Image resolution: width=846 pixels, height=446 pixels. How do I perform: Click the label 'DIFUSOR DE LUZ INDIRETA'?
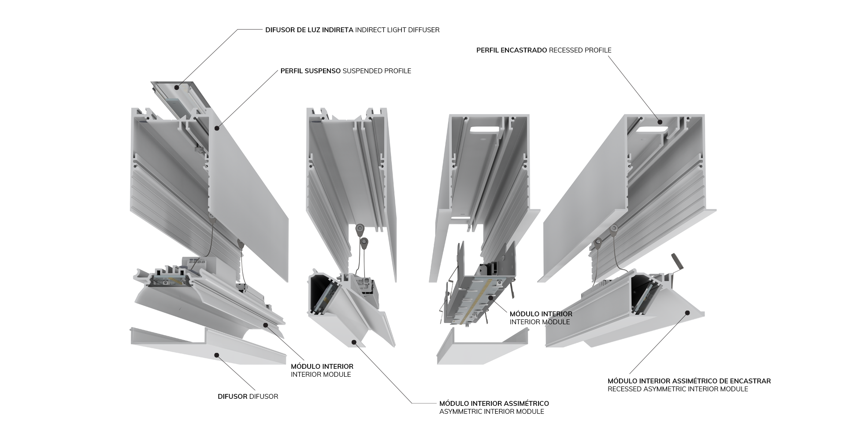tap(309, 30)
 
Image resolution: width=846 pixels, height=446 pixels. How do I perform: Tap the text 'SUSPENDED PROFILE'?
tap(377, 71)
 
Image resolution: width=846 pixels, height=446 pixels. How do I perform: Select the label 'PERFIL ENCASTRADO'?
tap(511, 50)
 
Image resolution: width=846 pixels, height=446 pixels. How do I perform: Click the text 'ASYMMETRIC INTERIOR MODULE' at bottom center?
tap(491, 412)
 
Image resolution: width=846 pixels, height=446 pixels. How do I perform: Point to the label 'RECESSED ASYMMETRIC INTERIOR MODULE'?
tap(678, 389)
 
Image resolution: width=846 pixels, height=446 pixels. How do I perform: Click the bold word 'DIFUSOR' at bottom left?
tap(232, 397)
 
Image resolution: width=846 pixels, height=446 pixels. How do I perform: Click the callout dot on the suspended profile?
tap(216, 128)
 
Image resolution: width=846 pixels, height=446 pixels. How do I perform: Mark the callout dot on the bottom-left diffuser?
tap(216, 355)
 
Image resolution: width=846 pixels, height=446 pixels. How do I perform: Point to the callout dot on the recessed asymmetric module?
tap(687, 313)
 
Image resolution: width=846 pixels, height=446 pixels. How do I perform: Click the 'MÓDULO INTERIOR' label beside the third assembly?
tap(541, 314)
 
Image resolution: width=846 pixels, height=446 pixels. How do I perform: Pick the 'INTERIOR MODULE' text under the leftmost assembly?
tap(320, 375)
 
